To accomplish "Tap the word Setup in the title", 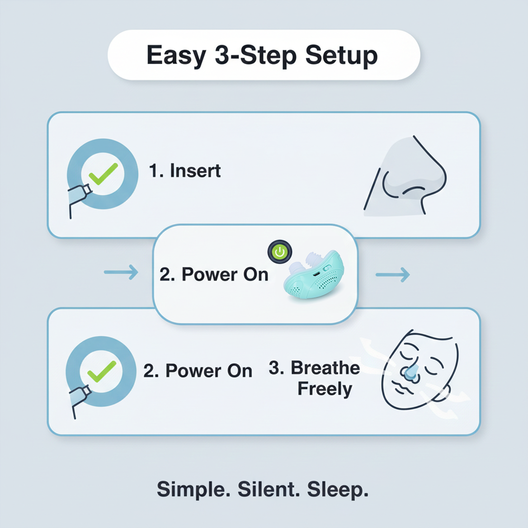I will (x=342, y=55).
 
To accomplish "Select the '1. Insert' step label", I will (x=185, y=171).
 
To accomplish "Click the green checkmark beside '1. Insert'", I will (x=103, y=174).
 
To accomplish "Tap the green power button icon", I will (x=279, y=252).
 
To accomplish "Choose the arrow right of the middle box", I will (x=392, y=275).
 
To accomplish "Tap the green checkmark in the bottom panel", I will (x=102, y=371).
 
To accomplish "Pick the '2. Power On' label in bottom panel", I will (x=198, y=371).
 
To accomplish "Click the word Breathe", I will (x=326, y=368).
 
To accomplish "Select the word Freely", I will (x=325, y=390).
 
